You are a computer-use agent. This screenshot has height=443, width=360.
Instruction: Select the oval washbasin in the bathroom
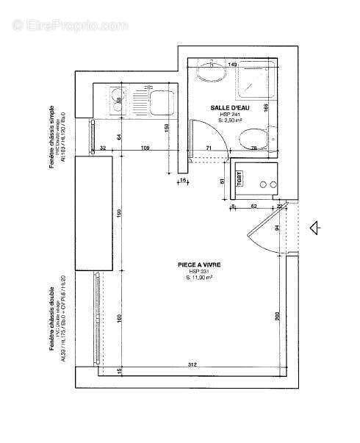tap(211, 76)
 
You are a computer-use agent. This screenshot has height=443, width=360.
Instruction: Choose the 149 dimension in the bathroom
tap(232, 65)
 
